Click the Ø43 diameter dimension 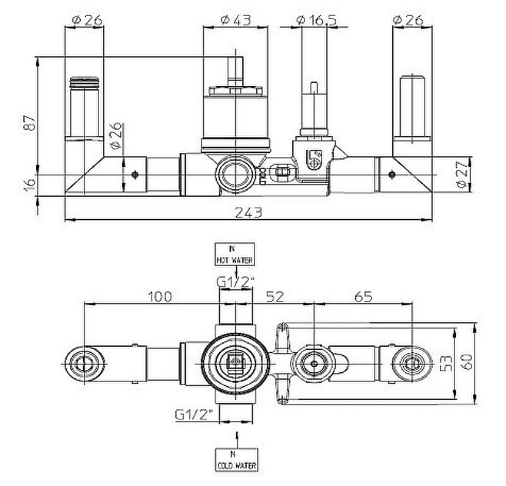pos(235,20)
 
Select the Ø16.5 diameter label pos(314,20)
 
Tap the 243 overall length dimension pos(249,213)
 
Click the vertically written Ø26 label pos(116,138)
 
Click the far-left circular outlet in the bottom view pos(83,363)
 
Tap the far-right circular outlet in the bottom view pos(410,364)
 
